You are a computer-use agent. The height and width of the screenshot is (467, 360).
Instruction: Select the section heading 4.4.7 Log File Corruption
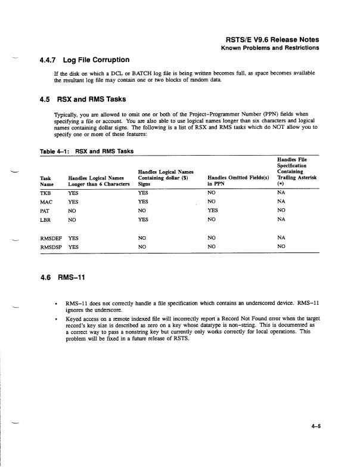84,60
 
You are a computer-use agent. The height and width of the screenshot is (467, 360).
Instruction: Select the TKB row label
46,193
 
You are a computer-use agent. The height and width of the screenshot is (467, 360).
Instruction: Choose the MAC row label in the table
46,202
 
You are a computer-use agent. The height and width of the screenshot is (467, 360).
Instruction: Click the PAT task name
45,211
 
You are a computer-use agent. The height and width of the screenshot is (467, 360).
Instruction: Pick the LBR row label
45,219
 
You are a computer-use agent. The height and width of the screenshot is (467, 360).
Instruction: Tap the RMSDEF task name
51,237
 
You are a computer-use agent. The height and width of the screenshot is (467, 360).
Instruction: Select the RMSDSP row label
51,246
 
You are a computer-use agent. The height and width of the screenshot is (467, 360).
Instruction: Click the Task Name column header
46,181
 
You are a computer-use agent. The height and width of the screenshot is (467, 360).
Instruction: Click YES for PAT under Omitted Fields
212,211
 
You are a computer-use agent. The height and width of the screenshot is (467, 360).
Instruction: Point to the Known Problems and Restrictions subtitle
269,47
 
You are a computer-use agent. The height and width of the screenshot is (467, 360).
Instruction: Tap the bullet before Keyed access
55,319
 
